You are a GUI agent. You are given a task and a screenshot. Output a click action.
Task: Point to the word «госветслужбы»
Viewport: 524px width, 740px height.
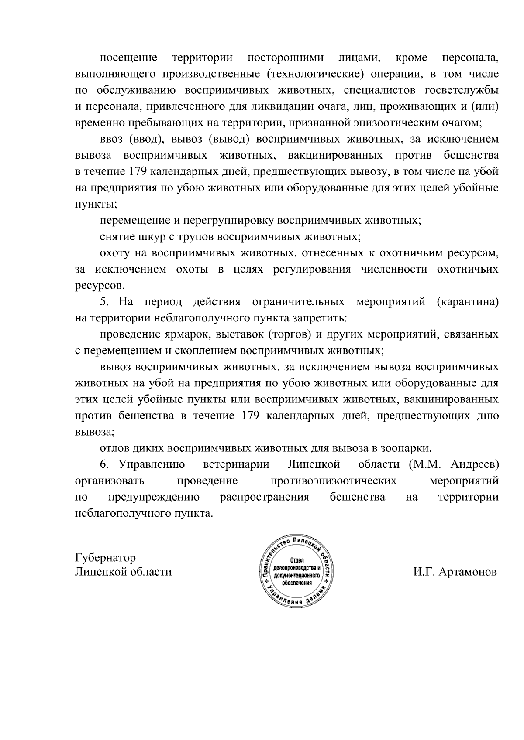click(x=462, y=90)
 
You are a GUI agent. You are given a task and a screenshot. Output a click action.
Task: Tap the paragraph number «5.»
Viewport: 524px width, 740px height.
click(x=104, y=302)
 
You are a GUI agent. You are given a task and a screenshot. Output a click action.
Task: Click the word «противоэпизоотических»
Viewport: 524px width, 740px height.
click(x=334, y=481)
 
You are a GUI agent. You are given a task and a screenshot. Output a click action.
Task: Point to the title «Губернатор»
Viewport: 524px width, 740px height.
click(x=105, y=558)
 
